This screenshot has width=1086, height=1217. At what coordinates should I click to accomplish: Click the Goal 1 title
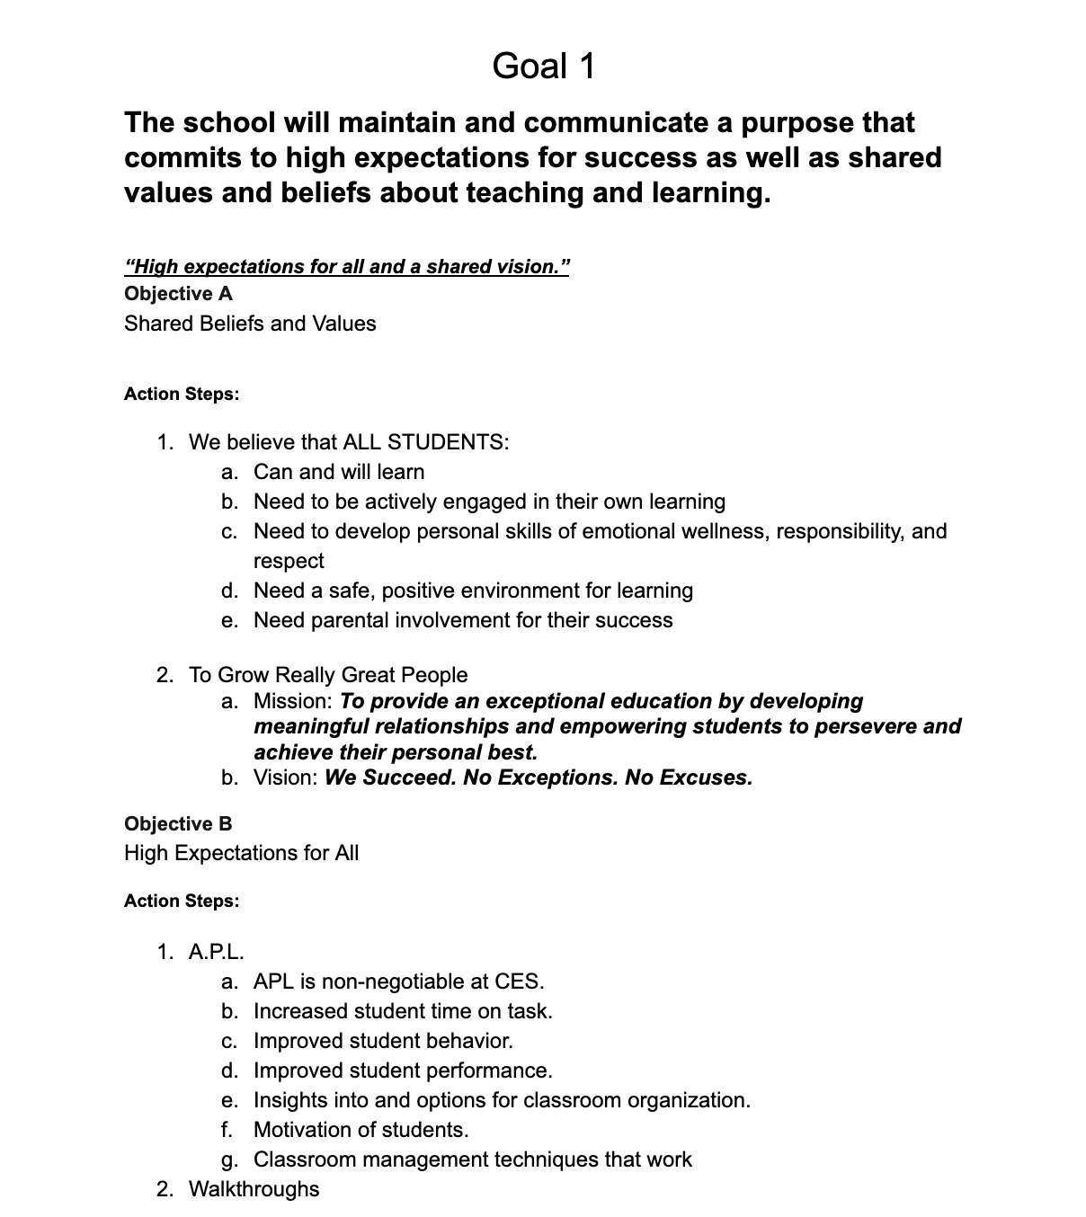pos(543,66)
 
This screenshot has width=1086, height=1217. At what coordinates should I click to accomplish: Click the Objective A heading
pos(178,294)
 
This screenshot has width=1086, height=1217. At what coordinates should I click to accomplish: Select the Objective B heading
pos(178,824)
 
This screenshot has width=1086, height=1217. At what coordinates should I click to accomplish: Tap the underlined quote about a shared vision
pos(347,267)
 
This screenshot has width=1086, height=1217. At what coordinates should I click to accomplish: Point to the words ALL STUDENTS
pos(425,442)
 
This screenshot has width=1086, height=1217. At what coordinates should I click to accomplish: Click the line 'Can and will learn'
pos(339,472)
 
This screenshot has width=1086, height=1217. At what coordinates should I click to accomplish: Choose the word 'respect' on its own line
pos(289,561)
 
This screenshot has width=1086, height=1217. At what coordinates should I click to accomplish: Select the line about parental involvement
pos(462,620)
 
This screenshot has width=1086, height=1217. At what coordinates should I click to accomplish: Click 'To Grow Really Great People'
pos(328,675)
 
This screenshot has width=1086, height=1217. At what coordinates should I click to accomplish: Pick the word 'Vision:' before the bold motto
pos(286,777)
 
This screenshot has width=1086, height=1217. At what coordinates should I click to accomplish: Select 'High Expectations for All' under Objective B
pos(241,853)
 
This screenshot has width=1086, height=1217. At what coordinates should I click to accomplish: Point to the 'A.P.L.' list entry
pos(217,952)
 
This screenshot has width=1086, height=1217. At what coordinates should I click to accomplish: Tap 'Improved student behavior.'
pos(383,1041)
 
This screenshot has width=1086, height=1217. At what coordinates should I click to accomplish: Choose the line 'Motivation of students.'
pos(361,1130)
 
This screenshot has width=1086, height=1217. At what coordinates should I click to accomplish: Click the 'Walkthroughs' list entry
pos(254,1189)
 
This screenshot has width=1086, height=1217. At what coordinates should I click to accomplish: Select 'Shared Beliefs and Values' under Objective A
pos(250,324)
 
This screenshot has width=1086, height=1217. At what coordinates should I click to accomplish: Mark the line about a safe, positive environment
pos(473,591)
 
